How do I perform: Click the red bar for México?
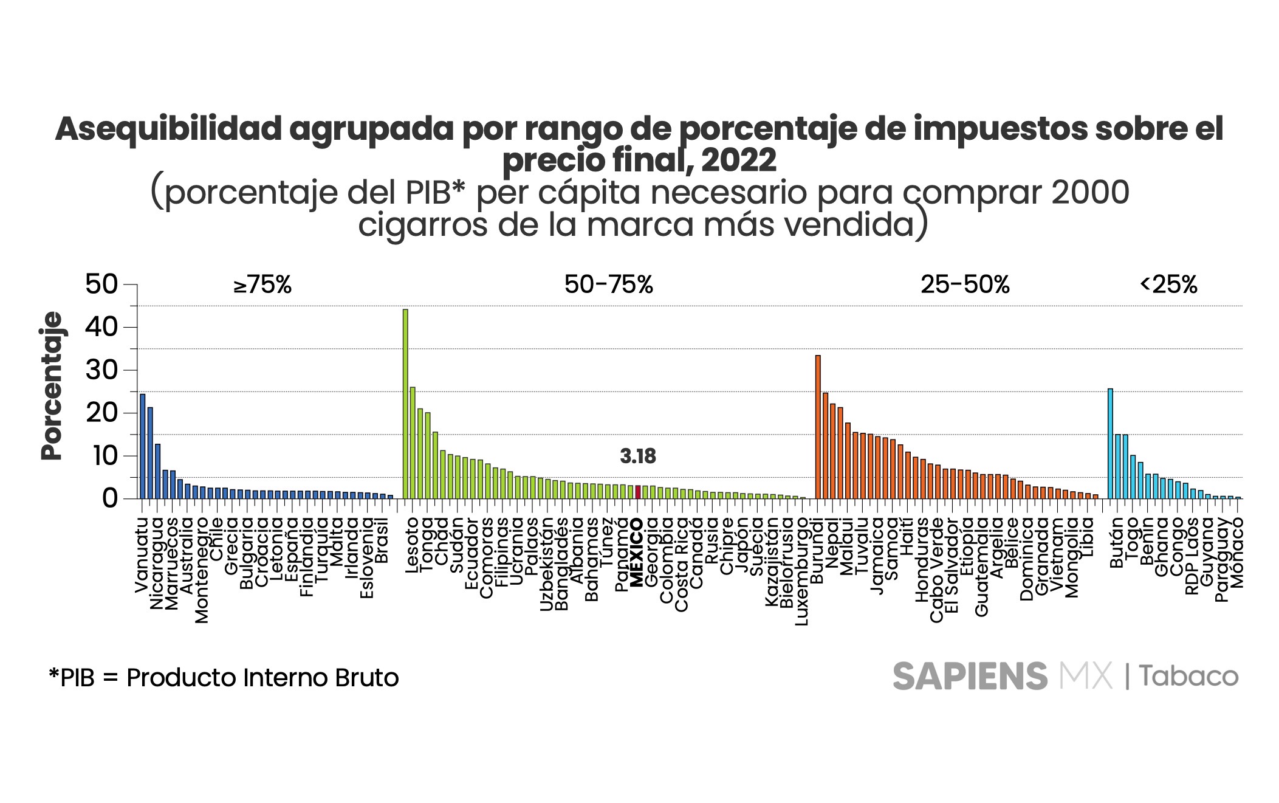tap(638, 492)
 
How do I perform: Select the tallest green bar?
tap(405, 404)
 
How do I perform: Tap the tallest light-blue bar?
tap(1110, 443)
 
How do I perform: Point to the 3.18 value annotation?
tap(638, 457)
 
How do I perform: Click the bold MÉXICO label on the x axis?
tap(637, 553)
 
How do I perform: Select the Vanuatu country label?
tap(141, 555)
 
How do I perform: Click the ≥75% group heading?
tap(262, 284)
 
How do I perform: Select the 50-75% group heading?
tap(608, 284)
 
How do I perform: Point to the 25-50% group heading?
tap(965, 284)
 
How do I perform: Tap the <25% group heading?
tap(1168, 284)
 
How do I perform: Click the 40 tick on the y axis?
tap(101, 328)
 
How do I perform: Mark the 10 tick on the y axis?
tap(101, 456)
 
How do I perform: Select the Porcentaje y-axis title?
tap(52, 386)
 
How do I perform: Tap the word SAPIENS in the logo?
tap(970, 676)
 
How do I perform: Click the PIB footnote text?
tap(224, 677)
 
